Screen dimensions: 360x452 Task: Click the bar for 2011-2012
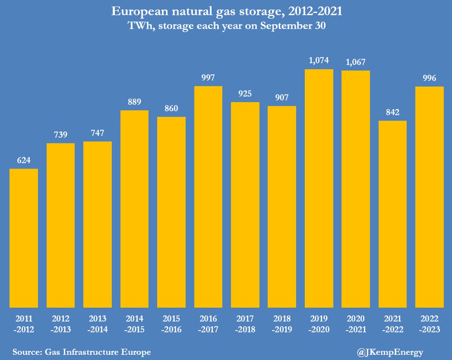pyautogui.click(x=24, y=238)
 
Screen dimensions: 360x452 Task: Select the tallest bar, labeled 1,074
pyautogui.click(x=319, y=188)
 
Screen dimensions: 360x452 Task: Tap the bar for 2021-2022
pyautogui.click(x=392, y=214)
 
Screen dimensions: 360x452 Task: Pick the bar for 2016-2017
pyautogui.click(x=208, y=197)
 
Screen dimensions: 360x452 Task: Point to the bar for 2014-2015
pyautogui.click(x=134, y=209)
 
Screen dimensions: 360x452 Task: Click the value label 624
pyautogui.click(x=24, y=160)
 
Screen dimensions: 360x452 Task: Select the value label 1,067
pyautogui.click(x=356, y=62)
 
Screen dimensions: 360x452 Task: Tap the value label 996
pyautogui.click(x=429, y=78)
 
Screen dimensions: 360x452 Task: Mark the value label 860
pyautogui.click(x=171, y=109)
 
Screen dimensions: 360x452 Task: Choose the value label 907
pyautogui.click(x=282, y=98)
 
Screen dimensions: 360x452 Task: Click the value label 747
pyautogui.click(x=98, y=133)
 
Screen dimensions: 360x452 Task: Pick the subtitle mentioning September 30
pyautogui.click(x=226, y=26)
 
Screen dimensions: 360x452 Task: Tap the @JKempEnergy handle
pyautogui.click(x=389, y=352)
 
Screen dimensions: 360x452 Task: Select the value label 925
pyautogui.click(x=245, y=94)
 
